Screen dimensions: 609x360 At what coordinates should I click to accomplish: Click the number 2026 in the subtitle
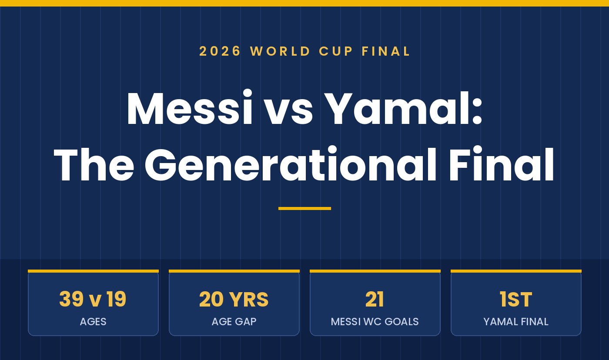[220, 51]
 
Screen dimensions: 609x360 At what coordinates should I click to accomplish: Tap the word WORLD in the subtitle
[280, 51]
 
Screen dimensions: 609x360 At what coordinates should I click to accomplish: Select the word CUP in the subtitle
[336, 51]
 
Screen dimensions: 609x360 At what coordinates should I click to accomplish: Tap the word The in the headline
[94, 164]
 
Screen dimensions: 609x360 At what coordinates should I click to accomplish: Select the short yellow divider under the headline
[304, 208]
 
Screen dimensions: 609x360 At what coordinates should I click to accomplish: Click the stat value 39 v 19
[93, 299]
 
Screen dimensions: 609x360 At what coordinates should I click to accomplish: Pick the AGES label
[93, 322]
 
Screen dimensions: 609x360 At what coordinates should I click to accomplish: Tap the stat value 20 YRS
[234, 299]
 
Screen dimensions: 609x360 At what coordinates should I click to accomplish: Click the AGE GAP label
[234, 322]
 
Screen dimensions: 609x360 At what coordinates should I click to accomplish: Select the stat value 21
[375, 299]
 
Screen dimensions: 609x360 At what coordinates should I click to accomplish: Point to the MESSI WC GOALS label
[375, 322]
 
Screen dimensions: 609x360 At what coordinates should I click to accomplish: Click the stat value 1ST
[516, 299]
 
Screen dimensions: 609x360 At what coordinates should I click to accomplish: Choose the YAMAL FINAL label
[516, 322]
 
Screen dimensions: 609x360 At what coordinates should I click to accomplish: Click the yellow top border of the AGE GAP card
[234, 271]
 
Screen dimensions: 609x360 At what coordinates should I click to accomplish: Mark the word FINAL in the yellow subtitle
[385, 51]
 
